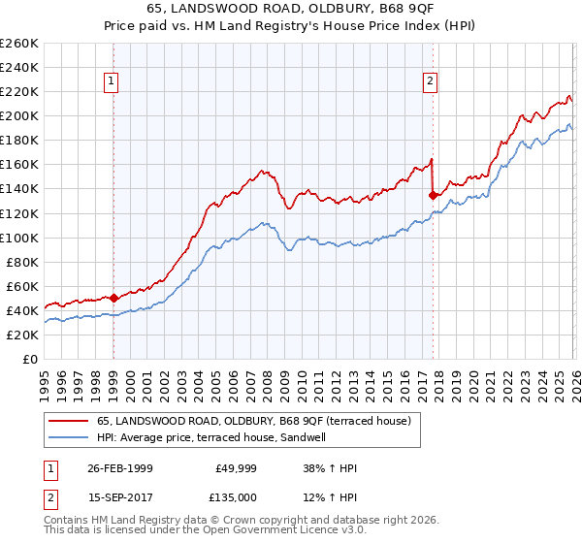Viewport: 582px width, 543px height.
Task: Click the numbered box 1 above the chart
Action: [113, 82]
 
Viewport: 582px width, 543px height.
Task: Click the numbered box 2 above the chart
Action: [430, 82]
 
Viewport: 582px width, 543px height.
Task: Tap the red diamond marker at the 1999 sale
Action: [113, 298]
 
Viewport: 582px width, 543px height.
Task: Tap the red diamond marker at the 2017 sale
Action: [433, 194]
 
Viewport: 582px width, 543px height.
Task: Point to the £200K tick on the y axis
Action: [19, 115]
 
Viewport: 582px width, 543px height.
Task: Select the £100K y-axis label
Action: [19, 238]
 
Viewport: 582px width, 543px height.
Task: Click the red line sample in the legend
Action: [69, 421]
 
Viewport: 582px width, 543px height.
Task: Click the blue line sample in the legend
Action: [69, 437]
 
